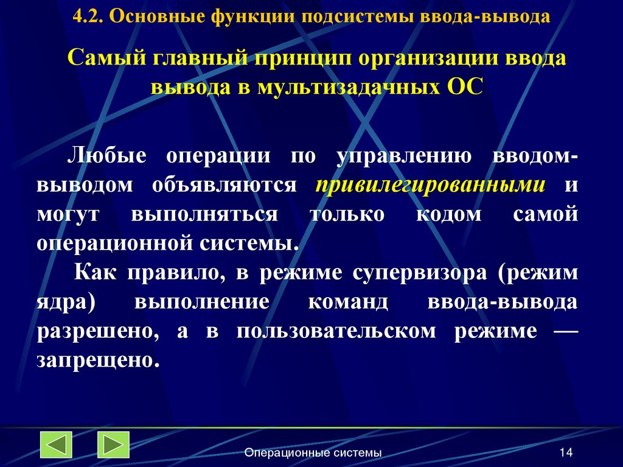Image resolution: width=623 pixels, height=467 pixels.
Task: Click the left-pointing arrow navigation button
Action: [x=56, y=445]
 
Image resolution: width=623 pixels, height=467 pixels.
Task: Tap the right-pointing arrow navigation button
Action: [x=113, y=445]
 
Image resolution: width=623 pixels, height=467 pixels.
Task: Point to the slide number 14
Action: [x=566, y=452]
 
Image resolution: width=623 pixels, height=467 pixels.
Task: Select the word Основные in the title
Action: [x=159, y=16]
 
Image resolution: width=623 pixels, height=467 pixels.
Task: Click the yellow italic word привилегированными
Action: [x=430, y=185]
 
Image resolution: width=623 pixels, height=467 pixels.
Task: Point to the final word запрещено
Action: [x=97, y=360]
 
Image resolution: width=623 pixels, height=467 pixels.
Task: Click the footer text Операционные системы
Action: [x=313, y=452]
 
